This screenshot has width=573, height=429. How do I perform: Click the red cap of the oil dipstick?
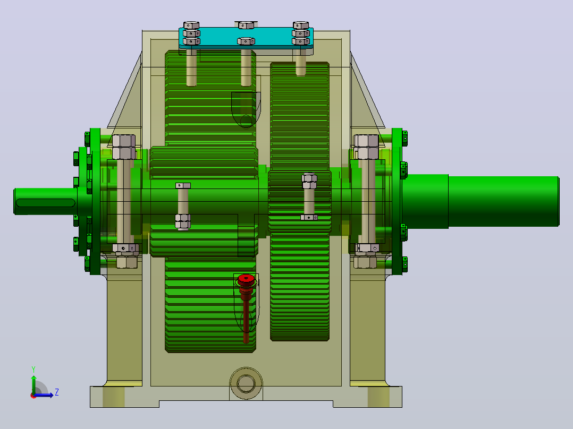(246, 280)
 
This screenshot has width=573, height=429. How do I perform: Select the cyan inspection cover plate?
(246, 37)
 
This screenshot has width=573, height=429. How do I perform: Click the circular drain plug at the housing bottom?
(246, 383)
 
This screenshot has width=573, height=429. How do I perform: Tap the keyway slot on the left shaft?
(45, 203)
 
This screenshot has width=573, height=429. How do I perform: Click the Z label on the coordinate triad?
(57, 392)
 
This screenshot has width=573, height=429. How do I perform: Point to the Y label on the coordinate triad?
(33, 369)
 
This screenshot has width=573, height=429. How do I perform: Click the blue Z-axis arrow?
(44, 395)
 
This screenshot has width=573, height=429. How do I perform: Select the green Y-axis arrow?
(33, 385)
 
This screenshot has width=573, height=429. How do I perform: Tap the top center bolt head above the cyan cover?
(246, 25)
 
